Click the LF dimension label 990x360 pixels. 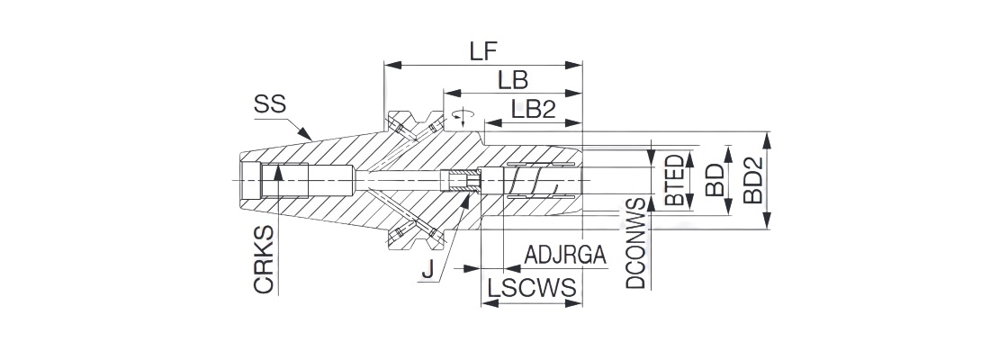[x=484, y=50]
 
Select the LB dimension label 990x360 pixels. [x=512, y=80]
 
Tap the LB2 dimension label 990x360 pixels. [x=533, y=109]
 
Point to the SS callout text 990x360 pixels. [x=269, y=105]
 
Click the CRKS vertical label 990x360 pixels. [x=265, y=259]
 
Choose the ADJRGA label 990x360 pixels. [x=564, y=256]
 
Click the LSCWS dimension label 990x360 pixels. [x=531, y=289]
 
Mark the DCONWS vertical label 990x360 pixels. [x=636, y=243]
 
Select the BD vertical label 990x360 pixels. [x=715, y=181]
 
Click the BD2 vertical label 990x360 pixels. [x=752, y=180]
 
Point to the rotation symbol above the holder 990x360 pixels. [x=463, y=115]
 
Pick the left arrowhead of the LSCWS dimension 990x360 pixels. [x=487, y=303]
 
